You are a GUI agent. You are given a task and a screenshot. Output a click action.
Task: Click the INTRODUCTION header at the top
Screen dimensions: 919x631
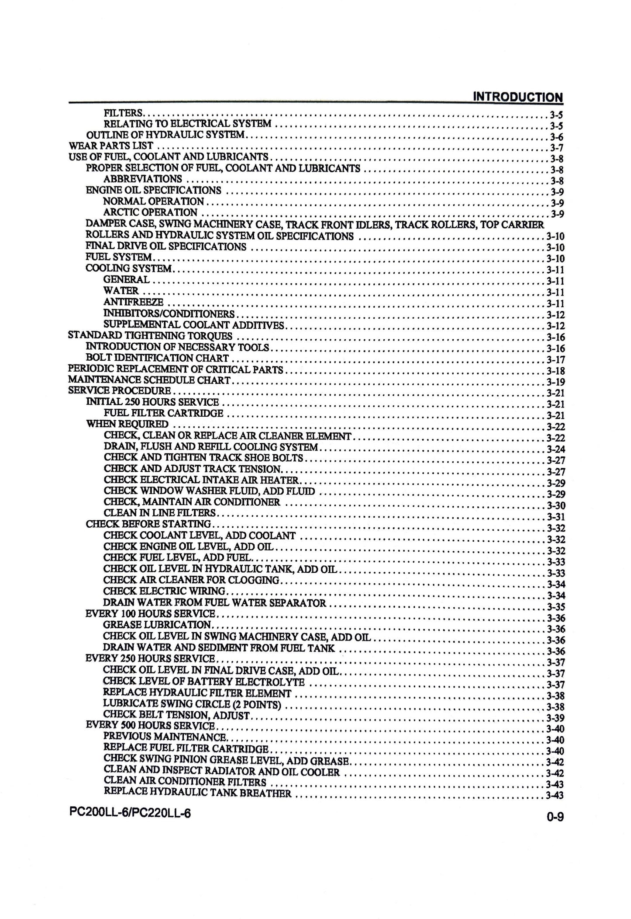pos(518,97)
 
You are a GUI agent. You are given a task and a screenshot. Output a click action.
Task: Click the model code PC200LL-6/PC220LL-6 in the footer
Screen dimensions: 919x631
pos(130,813)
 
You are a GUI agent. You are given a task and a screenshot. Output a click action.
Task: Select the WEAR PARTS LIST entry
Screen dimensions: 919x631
pos(111,145)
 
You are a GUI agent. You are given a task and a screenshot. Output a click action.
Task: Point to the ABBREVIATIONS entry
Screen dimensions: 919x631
pos(142,179)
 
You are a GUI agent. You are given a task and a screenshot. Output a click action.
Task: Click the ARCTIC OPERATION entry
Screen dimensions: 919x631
pos(150,212)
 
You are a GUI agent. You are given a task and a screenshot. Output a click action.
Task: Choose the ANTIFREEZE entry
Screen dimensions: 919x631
pos(133,302)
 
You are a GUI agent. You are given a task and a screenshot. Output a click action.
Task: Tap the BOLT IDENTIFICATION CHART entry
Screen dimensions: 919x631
pos(158,359)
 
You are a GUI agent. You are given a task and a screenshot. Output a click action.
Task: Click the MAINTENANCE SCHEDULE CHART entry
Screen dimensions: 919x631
pos(149,380)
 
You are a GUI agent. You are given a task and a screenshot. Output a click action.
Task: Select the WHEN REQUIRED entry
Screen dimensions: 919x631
pos(127,424)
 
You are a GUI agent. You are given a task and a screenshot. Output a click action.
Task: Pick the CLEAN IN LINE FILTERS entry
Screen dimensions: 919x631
pos(160,512)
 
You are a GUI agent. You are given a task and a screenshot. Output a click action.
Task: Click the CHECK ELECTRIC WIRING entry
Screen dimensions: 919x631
pos(164,591)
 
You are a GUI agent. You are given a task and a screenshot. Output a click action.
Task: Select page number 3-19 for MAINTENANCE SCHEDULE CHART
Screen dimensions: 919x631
pos(555,382)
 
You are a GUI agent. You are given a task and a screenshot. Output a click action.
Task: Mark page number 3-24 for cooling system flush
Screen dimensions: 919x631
pos(556,449)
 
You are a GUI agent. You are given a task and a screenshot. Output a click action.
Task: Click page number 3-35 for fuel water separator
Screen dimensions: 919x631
pos(556,607)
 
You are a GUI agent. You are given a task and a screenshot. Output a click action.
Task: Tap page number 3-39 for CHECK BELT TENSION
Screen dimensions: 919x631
pos(555,718)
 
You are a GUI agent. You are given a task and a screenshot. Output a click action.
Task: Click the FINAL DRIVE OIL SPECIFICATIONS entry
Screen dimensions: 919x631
pos(166,247)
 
